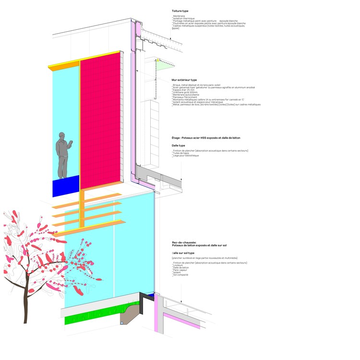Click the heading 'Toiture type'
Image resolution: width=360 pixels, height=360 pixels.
[180, 11]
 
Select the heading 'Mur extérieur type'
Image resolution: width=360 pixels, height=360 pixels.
[184, 80]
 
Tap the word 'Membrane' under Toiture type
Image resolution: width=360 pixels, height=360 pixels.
[179, 16]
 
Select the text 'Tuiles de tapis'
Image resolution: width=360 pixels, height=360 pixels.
[180, 153]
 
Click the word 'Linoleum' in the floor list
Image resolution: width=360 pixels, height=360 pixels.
[178, 265]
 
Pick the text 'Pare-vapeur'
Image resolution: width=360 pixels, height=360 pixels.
[180, 270]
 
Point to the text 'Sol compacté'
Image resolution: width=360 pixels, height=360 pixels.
[180, 275]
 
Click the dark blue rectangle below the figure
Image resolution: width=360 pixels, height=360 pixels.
[65, 186]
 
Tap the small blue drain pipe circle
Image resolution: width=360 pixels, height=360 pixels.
[122, 323]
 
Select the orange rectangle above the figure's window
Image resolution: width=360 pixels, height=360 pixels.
[64, 66]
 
